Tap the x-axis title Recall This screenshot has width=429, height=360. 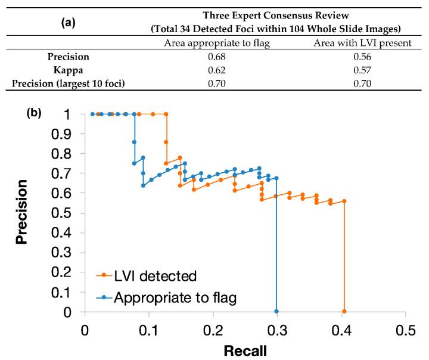tap(245, 350)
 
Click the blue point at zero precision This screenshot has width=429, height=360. tap(276, 311)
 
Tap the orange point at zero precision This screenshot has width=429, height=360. tap(344, 311)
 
